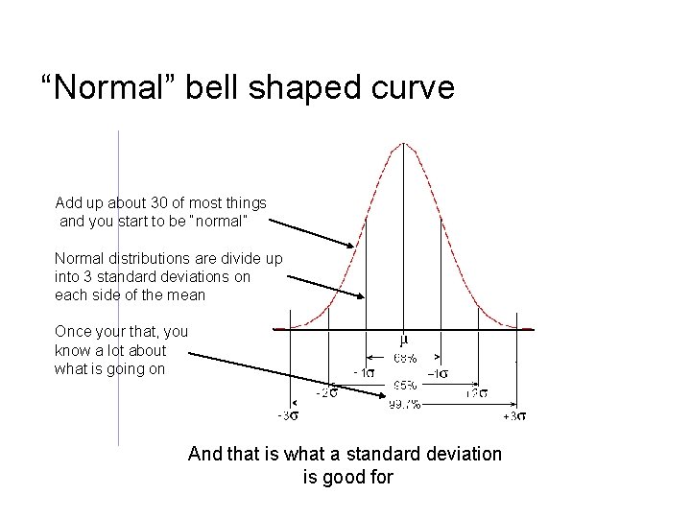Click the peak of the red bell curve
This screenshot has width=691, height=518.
pyautogui.click(x=404, y=144)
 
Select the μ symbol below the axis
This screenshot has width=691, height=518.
pyautogui.click(x=404, y=341)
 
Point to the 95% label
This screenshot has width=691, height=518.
pyautogui.click(x=404, y=387)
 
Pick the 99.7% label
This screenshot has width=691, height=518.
pyautogui.click(x=404, y=404)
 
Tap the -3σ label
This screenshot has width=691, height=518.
pyautogui.click(x=288, y=415)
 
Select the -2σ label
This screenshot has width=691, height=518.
pyautogui.click(x=327, y=392)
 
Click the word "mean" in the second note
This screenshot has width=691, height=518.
pyautogui.click(x=186, y=294)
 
